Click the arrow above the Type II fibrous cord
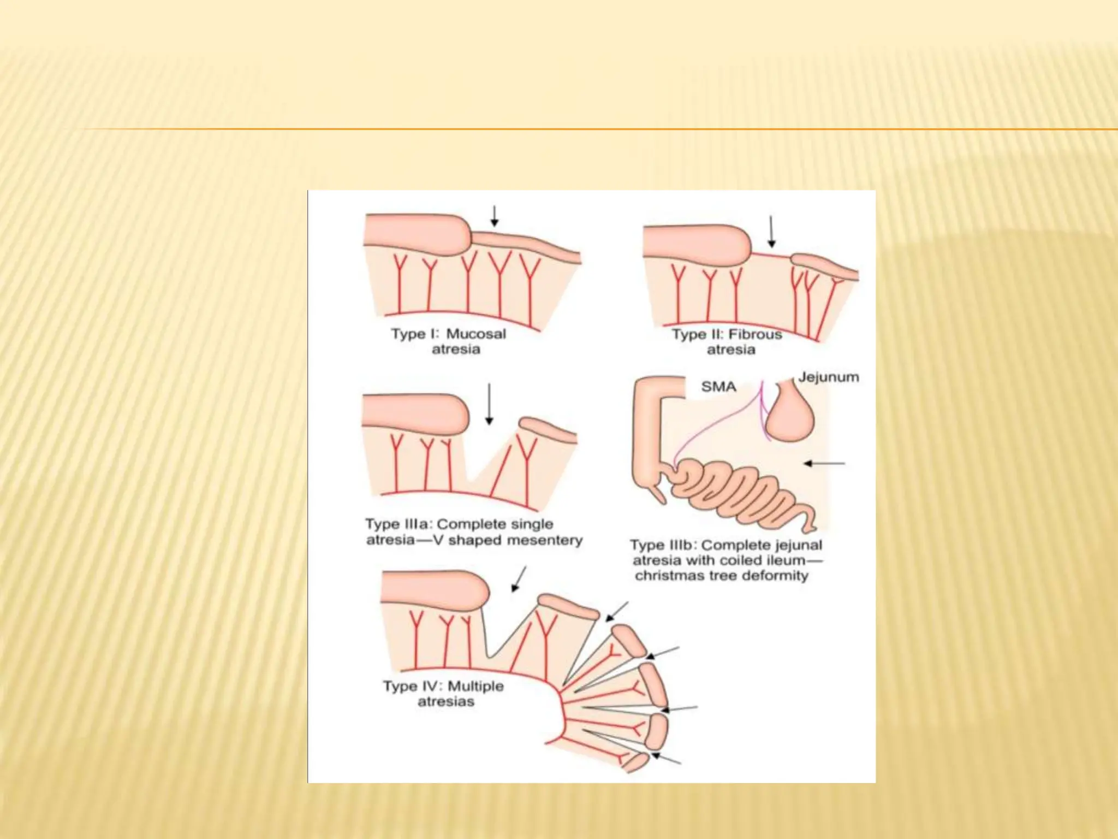771,232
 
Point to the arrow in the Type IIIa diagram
489,404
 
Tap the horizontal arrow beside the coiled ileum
824,464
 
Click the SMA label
718,387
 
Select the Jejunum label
828,377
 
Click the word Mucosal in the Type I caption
476,334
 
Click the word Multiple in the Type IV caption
475,686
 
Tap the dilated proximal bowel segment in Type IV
434,590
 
